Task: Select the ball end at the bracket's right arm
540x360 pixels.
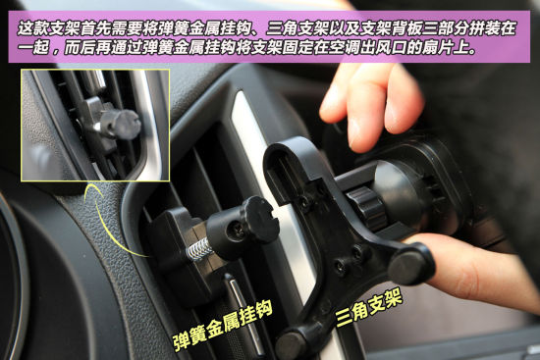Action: [x=411, y=262]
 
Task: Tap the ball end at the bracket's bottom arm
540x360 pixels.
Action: [x=292, y=342]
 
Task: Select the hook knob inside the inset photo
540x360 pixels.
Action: [x=120, y=124]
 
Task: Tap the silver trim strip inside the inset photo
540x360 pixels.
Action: [x=152, y=118]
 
